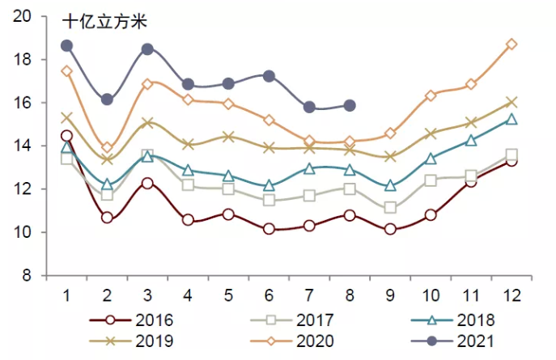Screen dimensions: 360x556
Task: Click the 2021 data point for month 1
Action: pyautogui.click(x=66, y=45)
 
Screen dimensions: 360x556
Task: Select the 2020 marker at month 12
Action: pyautogui.click(x=511, y=44)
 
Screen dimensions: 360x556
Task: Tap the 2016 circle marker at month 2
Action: pyautogui.click(x=107, y=218)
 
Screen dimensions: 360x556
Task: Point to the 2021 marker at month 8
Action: pyautogui.click(x=350, y=105)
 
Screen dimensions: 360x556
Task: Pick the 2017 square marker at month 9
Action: pyautogui.click(x=390, y=208)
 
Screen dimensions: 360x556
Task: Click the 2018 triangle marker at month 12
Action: pyautogui.click(x=511, y=120)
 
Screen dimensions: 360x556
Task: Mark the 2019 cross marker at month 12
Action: pyautogui.click(x=511, y=103)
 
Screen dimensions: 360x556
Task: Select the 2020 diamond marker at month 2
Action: pyautogui.click(x=107, y=148)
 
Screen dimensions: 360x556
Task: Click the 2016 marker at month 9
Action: pyautogui.click(x=390, y=229)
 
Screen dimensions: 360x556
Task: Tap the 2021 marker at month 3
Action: pyautogui.click(x=147, y=49)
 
